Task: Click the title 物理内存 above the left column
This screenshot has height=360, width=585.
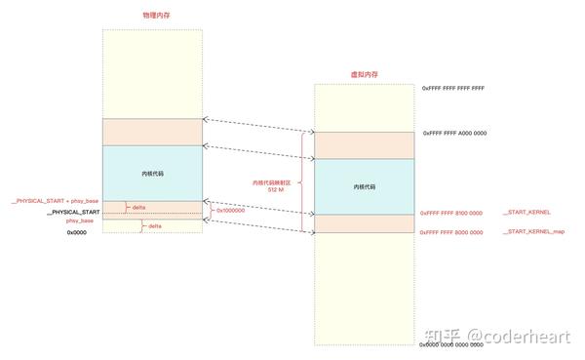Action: [x=154, y=17]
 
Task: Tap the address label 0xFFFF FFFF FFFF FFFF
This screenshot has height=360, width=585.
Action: [x=452, y=88]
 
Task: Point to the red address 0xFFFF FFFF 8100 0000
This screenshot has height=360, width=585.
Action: [x=450, y=212]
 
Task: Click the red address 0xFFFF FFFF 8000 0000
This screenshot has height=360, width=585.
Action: [x=450, y=231]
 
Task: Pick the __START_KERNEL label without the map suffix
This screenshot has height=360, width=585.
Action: [x=526, y=212]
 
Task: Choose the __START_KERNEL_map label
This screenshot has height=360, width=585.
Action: [x=533, y=231]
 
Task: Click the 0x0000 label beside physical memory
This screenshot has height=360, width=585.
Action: [x=77, y=233]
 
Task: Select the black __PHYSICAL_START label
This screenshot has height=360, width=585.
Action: [x=73, y=212]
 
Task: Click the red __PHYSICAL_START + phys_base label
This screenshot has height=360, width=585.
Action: [x=55, y=200]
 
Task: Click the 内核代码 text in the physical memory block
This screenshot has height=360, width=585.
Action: [x=153, y=173]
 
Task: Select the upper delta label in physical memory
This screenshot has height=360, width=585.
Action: [x=138, y=207]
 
